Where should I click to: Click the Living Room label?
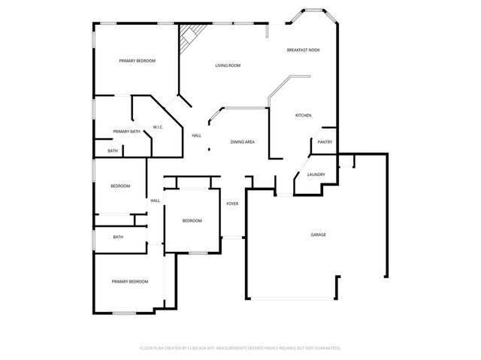(228, 65)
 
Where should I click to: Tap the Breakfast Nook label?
(303, 50)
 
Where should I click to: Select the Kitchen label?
(303, 115)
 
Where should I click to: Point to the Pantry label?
(325, 142)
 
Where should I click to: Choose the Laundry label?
(316, 175)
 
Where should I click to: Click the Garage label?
(319, 234)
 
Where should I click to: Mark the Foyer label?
(232, 204)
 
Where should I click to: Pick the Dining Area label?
(242, 141)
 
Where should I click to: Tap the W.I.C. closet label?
(159, 127)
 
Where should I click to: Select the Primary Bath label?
(127, 132)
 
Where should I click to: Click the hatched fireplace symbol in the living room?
(190, 35)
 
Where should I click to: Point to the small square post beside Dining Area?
(209, 149)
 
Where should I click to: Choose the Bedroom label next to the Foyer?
(192, 220)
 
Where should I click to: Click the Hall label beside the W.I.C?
(196, 135)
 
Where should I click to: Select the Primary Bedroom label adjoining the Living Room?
(138, 60)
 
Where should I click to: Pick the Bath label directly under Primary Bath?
(112, 151)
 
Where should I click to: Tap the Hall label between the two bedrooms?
(155, 201)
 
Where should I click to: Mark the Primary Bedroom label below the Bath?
(130, 281)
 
